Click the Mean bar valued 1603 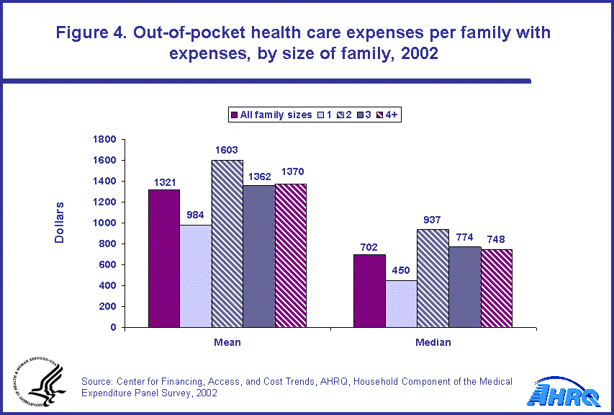tap(227, 244)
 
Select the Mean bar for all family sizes tap(164, 258)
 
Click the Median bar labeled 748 tap(497, 288)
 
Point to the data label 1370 tap(290, 177)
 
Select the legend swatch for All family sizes tap(234, 115)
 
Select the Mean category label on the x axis tap(227, 342)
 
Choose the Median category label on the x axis tap(433, 342)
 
